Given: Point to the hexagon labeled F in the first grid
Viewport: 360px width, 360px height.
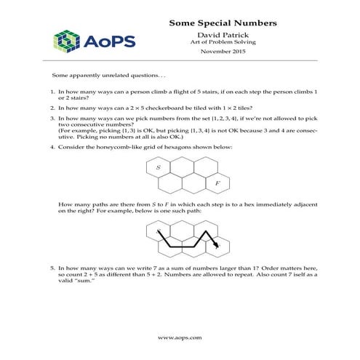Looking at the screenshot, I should [217, 182].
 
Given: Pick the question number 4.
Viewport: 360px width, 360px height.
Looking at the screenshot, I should [52, 147].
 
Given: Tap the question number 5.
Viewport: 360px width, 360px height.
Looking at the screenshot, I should [52, 268].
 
